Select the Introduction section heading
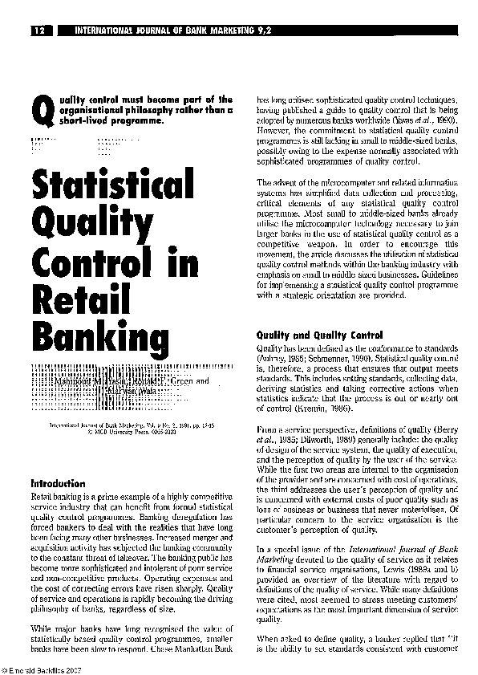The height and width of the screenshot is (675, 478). click(58, 484)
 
